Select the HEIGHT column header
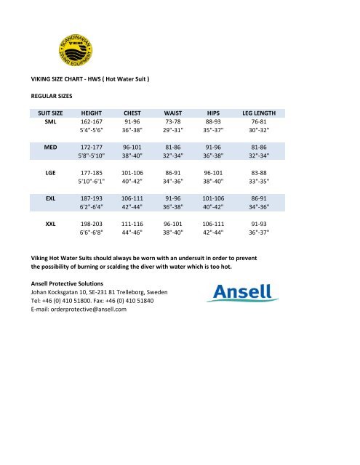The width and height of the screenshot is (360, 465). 92,113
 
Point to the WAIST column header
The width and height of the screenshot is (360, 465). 173,113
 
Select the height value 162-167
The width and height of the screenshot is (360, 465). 92,123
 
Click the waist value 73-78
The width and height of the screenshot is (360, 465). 173,123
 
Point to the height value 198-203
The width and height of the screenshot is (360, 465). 92,225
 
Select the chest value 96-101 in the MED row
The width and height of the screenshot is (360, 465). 132,146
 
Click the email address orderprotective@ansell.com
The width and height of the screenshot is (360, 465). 85,309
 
